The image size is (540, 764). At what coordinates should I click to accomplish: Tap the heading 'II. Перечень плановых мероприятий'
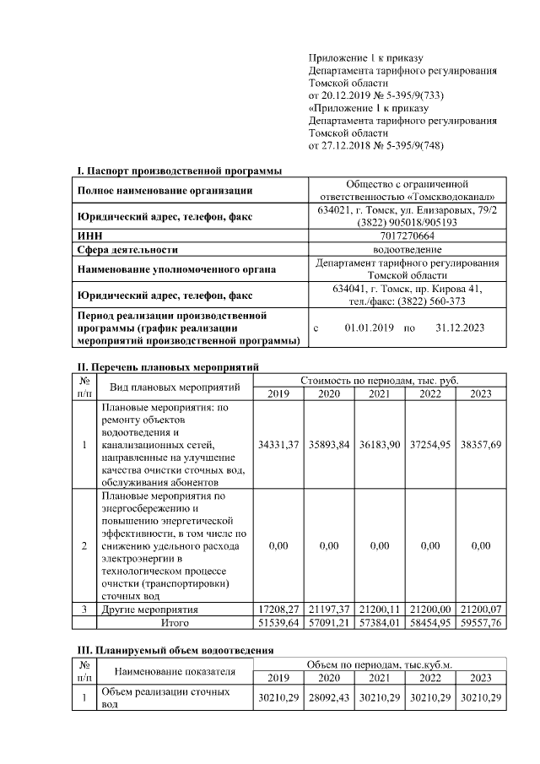[168, 366]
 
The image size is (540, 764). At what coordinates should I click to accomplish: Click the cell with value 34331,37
[278, 444]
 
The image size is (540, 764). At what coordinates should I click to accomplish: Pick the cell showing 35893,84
[329, 444]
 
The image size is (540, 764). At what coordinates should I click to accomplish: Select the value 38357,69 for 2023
[481, 444]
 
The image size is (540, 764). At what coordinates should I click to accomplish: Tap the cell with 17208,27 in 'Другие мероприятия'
[278, 609]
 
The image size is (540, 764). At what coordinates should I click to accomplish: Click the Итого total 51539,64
[278, 622]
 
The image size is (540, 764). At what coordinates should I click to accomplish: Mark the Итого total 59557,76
[481, 622]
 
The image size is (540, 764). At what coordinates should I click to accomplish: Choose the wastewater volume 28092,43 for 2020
[329, 697]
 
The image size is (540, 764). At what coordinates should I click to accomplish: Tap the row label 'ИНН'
[89, 236]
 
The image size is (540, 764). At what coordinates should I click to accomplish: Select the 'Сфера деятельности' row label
[127, 250]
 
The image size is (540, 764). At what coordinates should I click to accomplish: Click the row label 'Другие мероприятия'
[149, 609]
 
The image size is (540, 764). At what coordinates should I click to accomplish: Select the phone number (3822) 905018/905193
[408, 223]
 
